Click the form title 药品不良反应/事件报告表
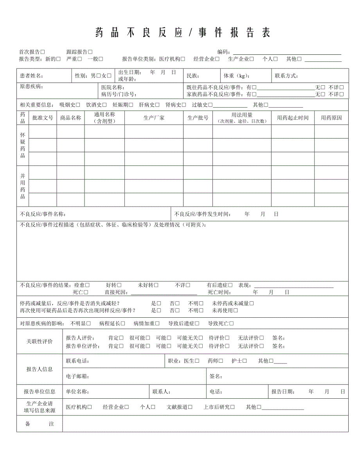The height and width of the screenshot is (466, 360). [183, 33]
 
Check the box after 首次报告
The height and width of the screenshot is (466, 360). [43, 52]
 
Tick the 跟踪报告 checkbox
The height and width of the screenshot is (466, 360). [90, 52]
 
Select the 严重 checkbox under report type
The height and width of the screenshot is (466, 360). [79, 59]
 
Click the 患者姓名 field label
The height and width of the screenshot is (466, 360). [32, 76]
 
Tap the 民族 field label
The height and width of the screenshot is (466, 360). [193, 76]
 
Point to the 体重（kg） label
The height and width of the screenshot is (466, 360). [236, 76]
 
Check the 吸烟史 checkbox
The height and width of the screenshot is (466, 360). [78, 105]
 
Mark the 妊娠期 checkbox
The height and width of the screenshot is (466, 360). [131, 105]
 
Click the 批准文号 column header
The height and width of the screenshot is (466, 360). [43, 118]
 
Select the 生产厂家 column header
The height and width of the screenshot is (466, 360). [154, 118]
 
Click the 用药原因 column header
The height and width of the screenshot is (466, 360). [331, 118]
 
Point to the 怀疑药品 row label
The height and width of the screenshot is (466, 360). [23, 145]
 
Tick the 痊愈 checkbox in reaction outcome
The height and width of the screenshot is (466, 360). [87, 285]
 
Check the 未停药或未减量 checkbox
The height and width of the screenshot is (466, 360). [252, 303]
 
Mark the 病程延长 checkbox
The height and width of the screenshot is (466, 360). [123, 324]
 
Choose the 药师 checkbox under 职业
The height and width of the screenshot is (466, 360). [221, 361]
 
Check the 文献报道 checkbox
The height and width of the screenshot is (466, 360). [190, 407]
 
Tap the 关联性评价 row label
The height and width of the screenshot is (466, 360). [40, 342]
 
